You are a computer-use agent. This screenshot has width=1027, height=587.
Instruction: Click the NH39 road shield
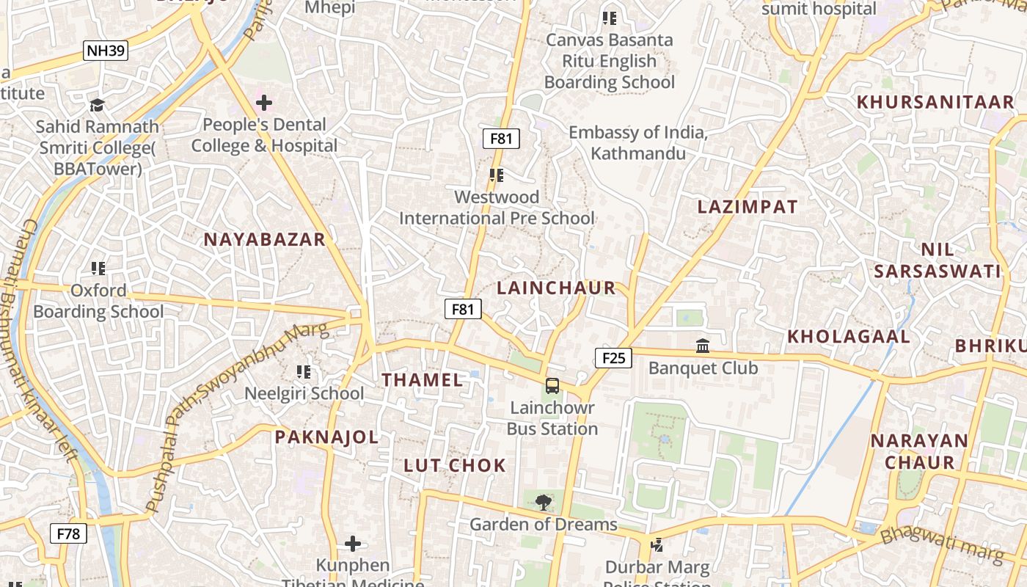(106, 51)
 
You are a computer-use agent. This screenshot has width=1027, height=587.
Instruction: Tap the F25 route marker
(613, 357)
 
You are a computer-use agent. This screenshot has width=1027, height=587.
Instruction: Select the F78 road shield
(68, 533)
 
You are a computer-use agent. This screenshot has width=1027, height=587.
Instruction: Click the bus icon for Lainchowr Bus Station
(552, 385)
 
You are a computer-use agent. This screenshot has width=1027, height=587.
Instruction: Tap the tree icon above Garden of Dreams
(544, 503)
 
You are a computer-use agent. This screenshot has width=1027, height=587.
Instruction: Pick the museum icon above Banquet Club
(703, 345)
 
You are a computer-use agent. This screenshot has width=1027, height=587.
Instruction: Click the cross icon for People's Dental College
(264, 103)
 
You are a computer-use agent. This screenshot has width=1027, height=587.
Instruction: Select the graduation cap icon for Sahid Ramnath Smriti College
(97, 105)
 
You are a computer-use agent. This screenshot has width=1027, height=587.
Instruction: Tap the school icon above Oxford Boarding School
(98, 269)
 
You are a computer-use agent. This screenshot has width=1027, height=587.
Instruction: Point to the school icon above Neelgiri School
(304, 372)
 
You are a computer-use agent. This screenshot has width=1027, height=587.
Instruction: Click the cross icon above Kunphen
(353, 544)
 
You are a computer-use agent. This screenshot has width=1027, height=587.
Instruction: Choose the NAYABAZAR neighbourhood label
(264, 239)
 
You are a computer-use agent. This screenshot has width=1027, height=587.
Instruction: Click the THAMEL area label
(423, 379)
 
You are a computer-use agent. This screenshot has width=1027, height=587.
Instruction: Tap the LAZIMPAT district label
(748, 207)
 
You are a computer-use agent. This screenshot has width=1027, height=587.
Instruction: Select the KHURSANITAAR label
(935, 102)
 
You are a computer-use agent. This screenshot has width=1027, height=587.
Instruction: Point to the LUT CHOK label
(455, 465)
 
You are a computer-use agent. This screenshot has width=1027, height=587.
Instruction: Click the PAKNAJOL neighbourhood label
(326, 437)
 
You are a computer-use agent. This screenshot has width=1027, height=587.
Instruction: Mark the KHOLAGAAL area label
(849, 337)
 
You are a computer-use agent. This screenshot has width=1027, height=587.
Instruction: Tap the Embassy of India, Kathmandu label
(638, 143)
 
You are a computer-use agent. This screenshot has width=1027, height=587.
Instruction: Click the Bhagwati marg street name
(941, 545)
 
